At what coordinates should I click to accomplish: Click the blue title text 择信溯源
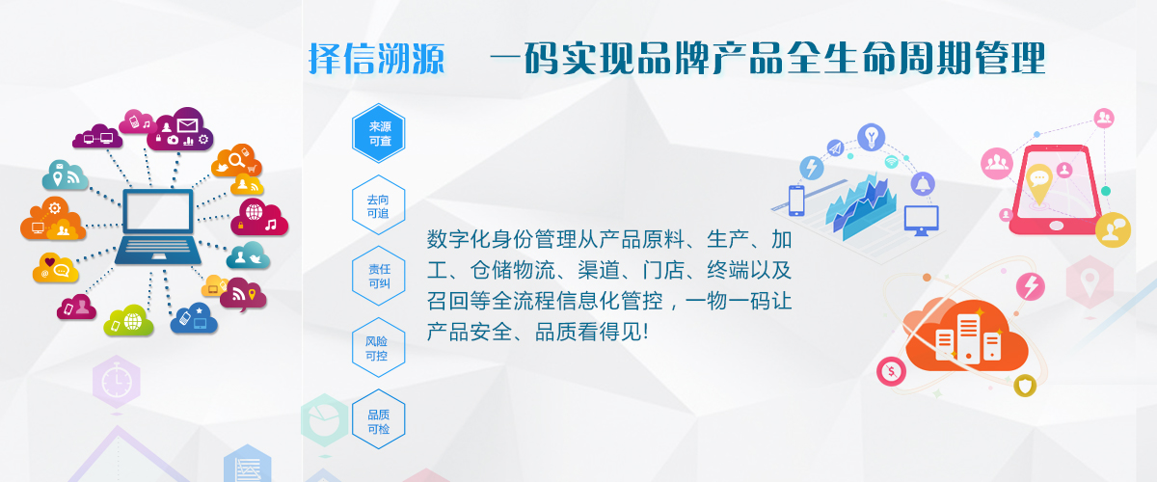377,59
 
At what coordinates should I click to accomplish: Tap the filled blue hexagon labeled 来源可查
379,133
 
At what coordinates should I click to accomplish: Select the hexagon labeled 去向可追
379,205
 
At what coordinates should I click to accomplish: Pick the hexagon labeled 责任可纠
379,276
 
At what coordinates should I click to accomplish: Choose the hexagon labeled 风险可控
379,348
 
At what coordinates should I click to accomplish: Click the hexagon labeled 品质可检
379,419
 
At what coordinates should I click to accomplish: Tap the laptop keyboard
158,250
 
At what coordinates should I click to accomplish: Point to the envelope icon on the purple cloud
187,125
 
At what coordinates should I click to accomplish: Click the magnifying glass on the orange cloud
236,160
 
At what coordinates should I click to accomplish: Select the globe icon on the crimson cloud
255,211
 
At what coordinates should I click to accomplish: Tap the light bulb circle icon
872,137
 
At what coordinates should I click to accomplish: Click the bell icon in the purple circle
923,184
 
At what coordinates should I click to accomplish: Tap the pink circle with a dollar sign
892,371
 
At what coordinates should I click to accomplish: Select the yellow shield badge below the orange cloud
1025,386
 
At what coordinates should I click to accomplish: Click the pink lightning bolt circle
1031,286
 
